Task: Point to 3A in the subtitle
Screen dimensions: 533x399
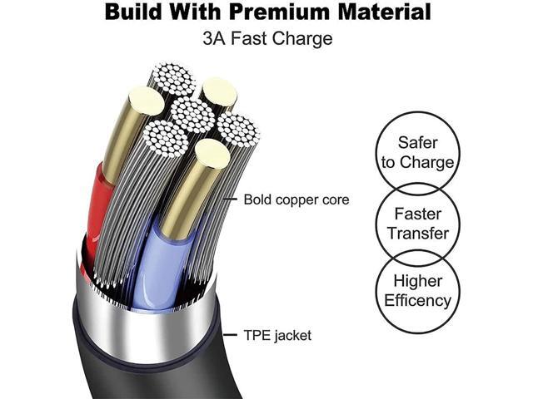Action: point(214,38)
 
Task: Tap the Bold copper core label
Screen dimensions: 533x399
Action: point(296,199)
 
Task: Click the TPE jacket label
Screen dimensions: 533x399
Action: point(277,335)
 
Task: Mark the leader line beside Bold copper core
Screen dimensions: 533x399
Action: point(230,199)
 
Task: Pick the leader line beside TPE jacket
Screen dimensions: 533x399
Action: point(230,335)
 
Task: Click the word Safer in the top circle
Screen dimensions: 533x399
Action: point(418,142)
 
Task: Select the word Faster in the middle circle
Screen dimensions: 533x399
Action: point(418,214)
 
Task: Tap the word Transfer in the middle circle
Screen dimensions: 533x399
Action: point(418,234)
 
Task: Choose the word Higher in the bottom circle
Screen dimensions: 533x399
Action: point(418,281)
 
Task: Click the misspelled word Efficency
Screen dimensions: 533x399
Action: point(418,301)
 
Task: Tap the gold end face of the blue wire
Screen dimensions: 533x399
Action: point(213,154)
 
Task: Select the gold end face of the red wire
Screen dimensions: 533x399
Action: point(147,101)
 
